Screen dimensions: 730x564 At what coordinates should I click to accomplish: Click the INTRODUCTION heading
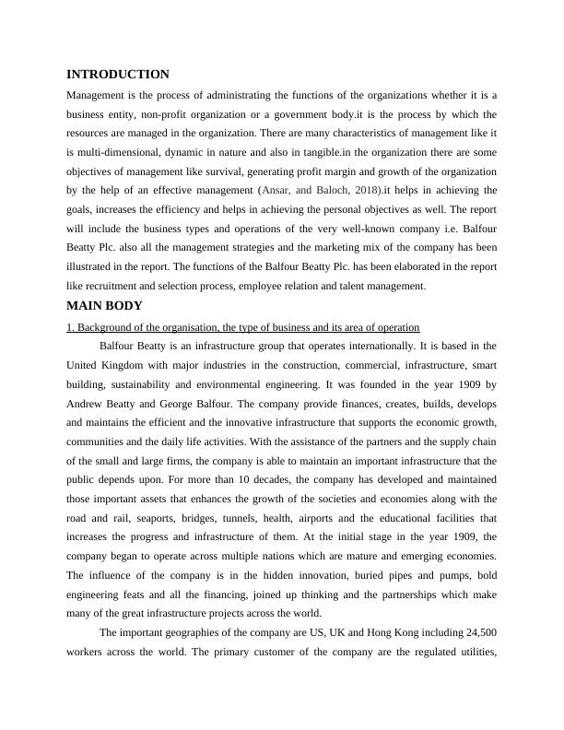(x=118, y=74)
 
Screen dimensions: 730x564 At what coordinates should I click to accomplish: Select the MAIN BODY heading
(x=104, y=306)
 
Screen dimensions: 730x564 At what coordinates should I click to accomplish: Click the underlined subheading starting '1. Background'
(x=243, y=327)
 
